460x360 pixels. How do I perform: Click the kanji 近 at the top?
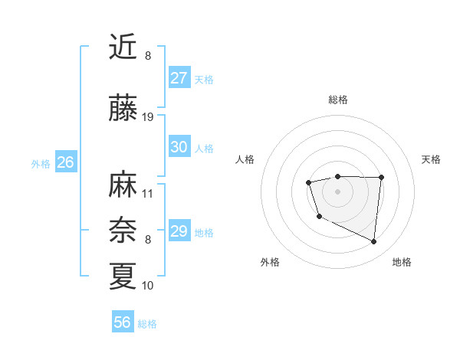pyautogui.click(x=123, y=47)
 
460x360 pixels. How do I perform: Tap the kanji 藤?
pyautogui.click(x=123, y=108)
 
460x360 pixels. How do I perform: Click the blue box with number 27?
pyautogui.click(x=179, y=78)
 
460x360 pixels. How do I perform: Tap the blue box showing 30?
pyautogui.click(x=179, y=147)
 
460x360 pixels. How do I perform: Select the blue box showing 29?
pyautogui.click(x=179, y=231)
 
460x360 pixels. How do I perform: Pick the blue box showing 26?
pyautogui.click(x=65, y=162)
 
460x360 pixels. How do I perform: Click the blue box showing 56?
pyautogui.click(x=123, y=322)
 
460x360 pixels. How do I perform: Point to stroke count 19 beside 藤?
pyautogui.click(x=148, y=117)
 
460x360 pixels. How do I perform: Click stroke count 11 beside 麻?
pyautogui.click(x=148, y=193)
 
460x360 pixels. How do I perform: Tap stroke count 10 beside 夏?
pyautogui.click(x=148, y=286)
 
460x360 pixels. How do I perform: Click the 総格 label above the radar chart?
pyautogui.click(x=337, y=100)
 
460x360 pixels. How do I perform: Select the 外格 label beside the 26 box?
pyautogui.click(x=41, y=163)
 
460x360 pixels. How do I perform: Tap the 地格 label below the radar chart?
pyautogui.click(x=402, y=262)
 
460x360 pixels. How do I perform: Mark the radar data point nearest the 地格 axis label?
pyautogui.click(x=374, y=242)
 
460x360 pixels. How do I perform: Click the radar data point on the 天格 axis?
pyautogui.click(x=381, y=177)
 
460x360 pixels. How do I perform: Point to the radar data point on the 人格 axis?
pyautogui.click(x=308, y=182)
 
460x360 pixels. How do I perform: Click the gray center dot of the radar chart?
pyautogui.click(x=337, y=191)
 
